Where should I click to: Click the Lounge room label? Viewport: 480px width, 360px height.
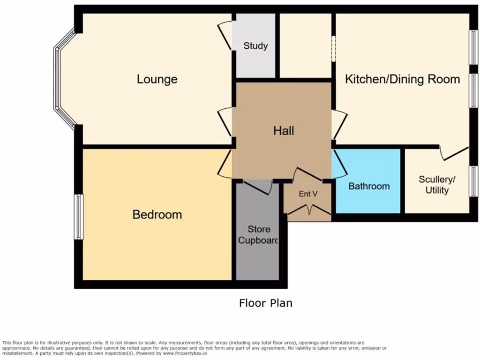coord(157,79)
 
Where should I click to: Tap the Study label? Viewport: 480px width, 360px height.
coord(255,46)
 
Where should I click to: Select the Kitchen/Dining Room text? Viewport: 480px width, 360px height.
coord(402,79)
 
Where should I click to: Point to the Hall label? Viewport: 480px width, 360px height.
coord(284,130)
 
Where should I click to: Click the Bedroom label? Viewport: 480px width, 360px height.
coord(157,215)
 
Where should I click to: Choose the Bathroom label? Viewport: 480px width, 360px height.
coord(369,186)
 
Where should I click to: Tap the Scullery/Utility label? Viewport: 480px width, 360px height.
coord(437,185)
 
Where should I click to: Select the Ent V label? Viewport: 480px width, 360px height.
coord(308,194)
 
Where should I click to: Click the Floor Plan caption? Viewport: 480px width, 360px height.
coord(266,303)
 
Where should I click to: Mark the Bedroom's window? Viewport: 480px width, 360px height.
coord(78,217)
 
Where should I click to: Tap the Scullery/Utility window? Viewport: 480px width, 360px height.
coord(473,181)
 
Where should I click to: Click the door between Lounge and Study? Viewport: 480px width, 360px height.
coord(226,37)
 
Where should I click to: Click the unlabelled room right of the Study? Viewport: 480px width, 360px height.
coord(305,46)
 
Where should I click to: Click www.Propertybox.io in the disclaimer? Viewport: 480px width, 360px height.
coord(185,353)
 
